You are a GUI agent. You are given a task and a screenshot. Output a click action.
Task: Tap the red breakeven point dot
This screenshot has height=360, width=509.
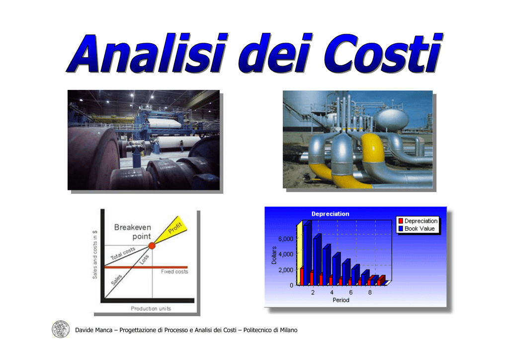(x=152, y=246)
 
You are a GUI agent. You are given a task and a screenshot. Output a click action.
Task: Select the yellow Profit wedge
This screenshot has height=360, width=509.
(x=172, y=229)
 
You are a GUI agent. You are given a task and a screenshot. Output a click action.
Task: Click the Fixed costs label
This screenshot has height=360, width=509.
(x=174, y=271)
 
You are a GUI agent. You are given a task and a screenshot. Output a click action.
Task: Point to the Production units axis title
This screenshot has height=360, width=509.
(x=151, y=308)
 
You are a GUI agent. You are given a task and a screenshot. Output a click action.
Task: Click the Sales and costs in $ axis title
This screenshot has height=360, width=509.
(x=95, y=255)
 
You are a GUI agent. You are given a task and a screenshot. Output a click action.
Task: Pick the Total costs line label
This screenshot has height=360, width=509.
(x=123, y=254)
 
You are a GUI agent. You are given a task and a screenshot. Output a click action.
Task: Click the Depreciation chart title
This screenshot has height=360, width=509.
(x=330, y=214)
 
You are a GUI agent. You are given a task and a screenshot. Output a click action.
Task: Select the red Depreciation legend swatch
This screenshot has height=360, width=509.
(x=401, y=221)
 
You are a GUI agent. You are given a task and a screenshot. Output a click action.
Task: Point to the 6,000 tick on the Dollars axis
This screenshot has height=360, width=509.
(x=286, y=239)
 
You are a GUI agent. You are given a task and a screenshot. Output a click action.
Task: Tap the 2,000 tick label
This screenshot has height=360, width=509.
(x=286, y=270)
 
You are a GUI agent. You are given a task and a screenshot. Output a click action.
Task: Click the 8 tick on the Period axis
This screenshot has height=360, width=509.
(x=370, y=292)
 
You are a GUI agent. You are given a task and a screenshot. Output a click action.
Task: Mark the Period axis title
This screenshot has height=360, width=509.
(x=341, y=300)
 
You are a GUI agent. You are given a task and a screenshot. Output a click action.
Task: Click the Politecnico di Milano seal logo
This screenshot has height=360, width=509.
(x=61, y=329)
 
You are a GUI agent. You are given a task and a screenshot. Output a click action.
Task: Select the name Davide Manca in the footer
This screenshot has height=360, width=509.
(x=94, y=330)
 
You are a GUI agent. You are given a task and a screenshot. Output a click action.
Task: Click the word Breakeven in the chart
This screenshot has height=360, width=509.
(x=132, y=227)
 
